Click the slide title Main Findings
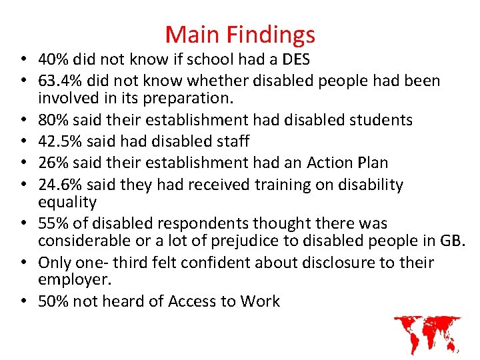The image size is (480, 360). tap(240, 34)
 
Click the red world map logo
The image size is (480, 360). tap(427, 334)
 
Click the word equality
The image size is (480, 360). tap(67, 202)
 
